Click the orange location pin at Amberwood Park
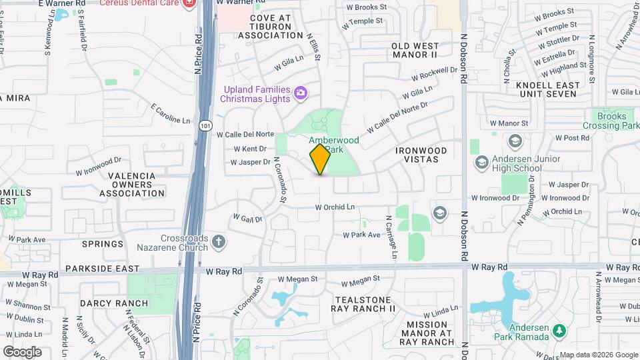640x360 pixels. pos(320,159)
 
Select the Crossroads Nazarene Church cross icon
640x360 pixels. pos(219,241)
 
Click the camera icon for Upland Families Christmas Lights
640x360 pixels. pos(301,93)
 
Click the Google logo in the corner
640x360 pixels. pos(22,351)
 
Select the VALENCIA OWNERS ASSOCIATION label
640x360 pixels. pos(132,185)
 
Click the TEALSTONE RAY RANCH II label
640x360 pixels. pos(363,304)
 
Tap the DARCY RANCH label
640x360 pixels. pos(114,303)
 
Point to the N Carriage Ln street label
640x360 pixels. pos(391,237)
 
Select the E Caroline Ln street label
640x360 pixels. pos(171,114)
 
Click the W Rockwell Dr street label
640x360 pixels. pos(435,74)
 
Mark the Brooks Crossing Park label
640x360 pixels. pos(611,121)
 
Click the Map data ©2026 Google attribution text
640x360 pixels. pos(598,355)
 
